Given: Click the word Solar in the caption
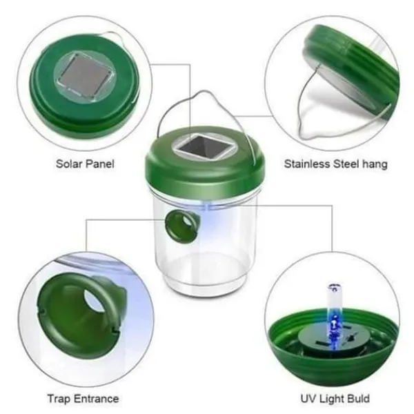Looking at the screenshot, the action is (68, 164).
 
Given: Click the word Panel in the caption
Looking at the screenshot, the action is (99, 164).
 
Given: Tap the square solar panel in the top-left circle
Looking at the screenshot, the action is (85, 75).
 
